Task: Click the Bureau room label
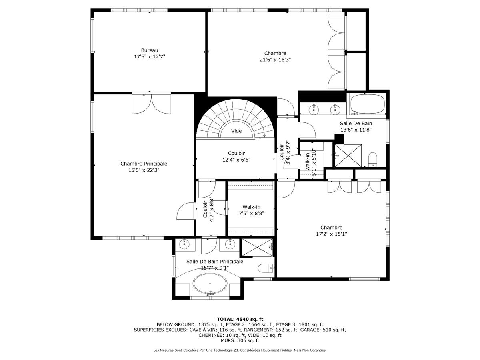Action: pos(150,50)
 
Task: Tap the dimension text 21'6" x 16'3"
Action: pos(275,60)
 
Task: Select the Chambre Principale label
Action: pos(144,164)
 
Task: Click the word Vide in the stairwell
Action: pos(236,131)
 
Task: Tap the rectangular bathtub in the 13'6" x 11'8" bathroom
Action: pos(368,104)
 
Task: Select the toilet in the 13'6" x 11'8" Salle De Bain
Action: pos(373,159)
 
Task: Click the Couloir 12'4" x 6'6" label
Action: pos(236,153)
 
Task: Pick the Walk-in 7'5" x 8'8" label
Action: pos(251,207)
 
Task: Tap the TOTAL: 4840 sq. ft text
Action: pos(240,319)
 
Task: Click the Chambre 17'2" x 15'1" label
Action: pos(331,228)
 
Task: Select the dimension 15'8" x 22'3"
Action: pos(144,170)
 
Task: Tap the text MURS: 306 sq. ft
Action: pos(240,340)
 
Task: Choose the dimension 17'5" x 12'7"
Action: pos(150,57)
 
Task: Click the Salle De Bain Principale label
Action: pos(214,262)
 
